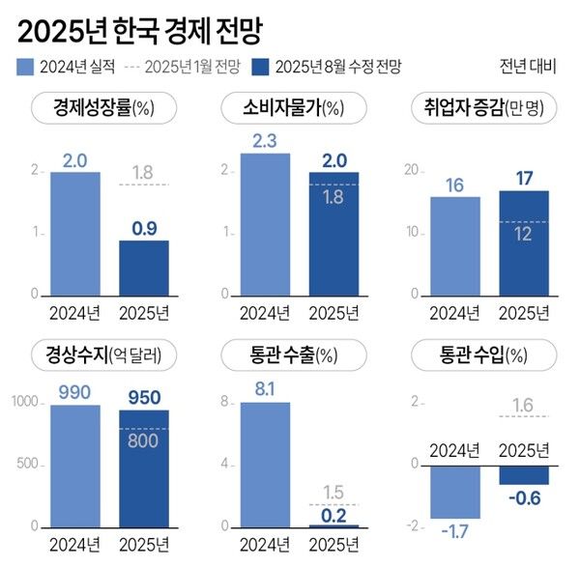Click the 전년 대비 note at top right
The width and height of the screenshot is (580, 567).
pyautogui.click(x=530, y=67)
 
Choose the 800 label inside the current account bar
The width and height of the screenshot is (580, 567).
pyautogui.click(x=143, y=439)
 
